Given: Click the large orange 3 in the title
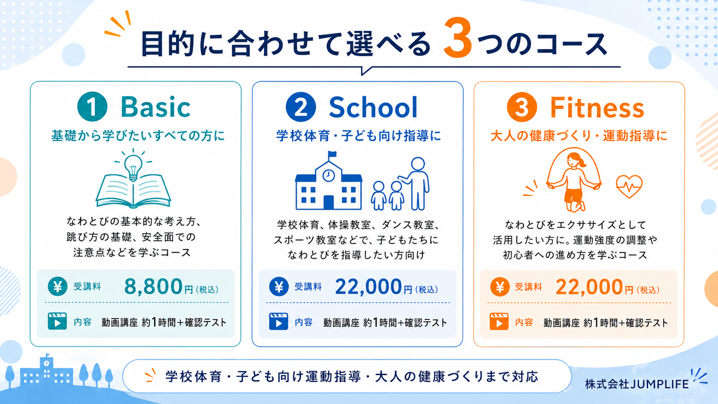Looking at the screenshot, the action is (x=458, y=39).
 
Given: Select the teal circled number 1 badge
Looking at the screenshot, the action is (x=92, y=106).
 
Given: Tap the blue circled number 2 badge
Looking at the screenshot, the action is (x=301, y=107).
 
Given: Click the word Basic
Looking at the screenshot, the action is (x=155, y=107).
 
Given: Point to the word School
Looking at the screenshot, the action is (x=374, y=107).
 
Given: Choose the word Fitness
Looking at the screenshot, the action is (x=597, y=108).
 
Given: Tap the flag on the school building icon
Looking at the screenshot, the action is (x=332, y=155).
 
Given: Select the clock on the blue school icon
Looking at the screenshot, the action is (x=329, y=176).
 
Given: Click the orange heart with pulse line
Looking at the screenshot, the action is (x=629, y=186).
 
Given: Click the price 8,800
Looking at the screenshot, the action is (x=153, y=286).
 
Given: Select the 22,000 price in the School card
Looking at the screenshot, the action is (x=368, y=286).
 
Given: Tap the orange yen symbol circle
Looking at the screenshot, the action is (x=500, y=287).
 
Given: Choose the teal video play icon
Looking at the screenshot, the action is (x=57, y=321).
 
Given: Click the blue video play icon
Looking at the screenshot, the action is (x=278, y=322).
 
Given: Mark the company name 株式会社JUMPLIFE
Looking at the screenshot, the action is (x=636, y=384).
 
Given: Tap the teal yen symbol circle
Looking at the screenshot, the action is (x=58, y=286).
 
